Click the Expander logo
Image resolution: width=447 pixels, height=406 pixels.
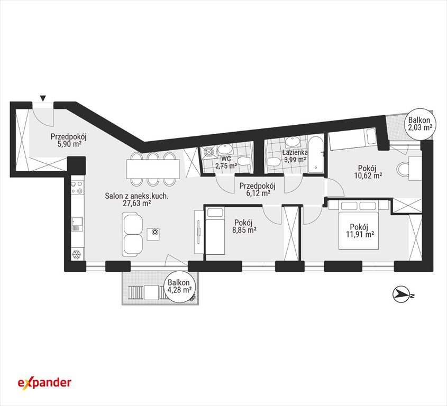(x=44, y=383)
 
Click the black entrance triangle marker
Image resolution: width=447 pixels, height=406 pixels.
(x=43, y=98)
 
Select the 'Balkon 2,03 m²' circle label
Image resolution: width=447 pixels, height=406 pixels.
(x=419, y=124)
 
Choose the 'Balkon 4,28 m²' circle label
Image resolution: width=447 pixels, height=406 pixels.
(x=179, y=286)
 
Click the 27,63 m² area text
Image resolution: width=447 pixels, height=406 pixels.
(x=136, y=203)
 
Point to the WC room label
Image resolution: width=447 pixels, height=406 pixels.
(x=225, y=159)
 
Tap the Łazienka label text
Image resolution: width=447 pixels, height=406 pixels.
(x=295, y=152)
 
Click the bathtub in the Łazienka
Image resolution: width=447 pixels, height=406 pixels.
(x=316, y=155)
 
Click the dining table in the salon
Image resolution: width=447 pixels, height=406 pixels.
(x=153, y=169)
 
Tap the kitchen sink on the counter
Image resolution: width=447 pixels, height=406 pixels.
(x=77, y=224)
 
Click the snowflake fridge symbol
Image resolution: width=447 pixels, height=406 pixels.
(x=76, y=254)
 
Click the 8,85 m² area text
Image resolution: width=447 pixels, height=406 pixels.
(x=244, y=229)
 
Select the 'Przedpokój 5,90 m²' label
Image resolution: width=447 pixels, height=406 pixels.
(x=69, y=140)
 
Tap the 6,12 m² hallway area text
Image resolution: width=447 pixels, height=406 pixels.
(x=258, y=193)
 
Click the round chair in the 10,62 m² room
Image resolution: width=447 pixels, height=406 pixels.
(x=403, y=169)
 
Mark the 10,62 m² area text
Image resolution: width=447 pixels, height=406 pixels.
(x=368, y=175)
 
